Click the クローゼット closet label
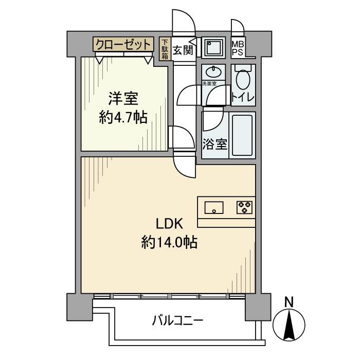pos(123,44)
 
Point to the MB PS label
pos(238,48)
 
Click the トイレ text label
pos(242,97)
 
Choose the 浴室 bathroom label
pos(214,144)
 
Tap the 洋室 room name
pos(122,98)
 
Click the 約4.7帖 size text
pos(122,118)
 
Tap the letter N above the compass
pos(290,302)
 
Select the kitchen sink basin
pos(214,208)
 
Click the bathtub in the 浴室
pos(243,135)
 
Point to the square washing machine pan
pos(213,48)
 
